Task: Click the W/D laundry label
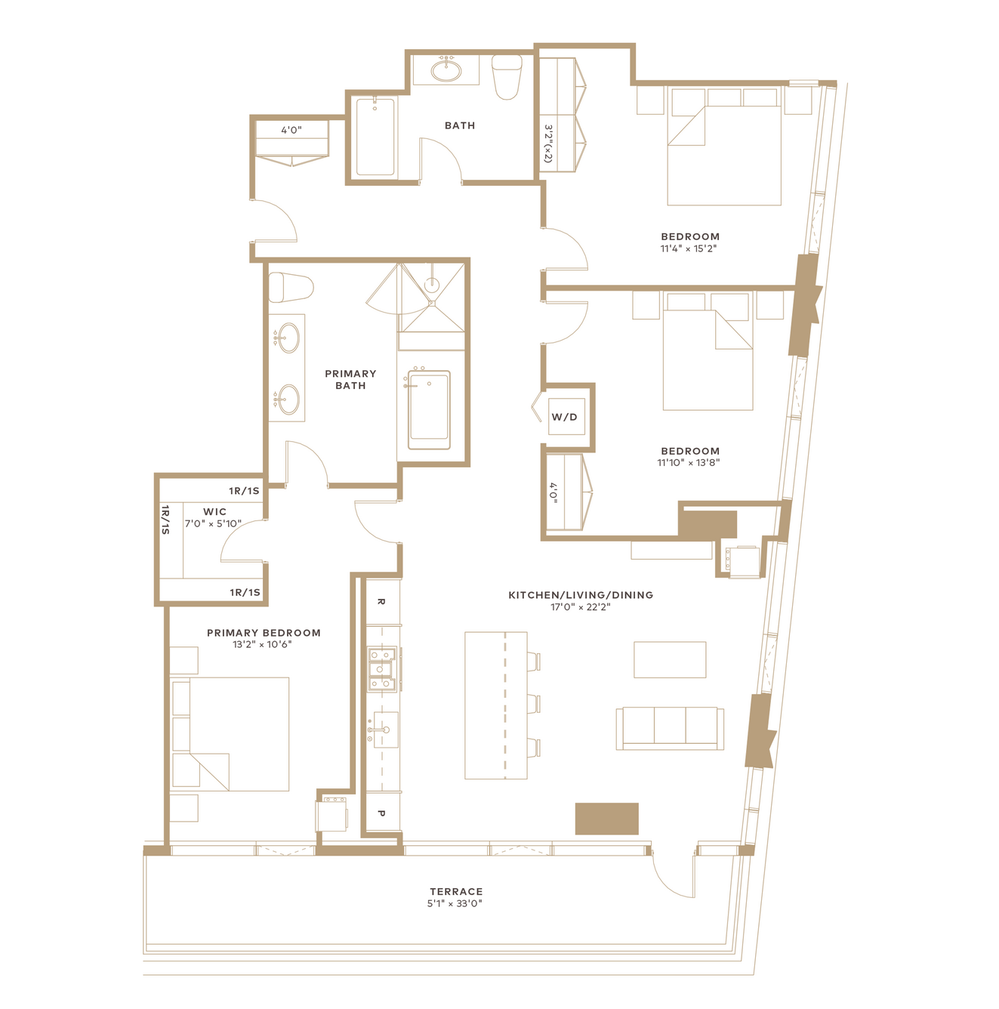click(x=564, y=417)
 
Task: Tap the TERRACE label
click(x=456, y=891)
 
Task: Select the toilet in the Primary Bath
click(x=291, y=287)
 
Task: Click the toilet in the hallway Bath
click(x=507, y=77)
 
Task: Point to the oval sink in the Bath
click(x=446, y=71)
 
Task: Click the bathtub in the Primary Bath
click(x=429, y=409)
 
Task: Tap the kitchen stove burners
click(x=381, y=669)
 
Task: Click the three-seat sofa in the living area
click(x=670, y=728)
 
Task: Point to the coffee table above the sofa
click(x=670, y=660)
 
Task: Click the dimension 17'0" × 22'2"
click(x=581, y=607)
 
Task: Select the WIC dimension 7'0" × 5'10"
click(x=213, y=523)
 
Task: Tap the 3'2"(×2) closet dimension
click(x=548, y=143)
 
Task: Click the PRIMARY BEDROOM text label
click(x=264, y=633)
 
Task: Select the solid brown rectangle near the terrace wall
click(x=606, y=819)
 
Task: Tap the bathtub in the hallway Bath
click(x=375, y=137)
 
